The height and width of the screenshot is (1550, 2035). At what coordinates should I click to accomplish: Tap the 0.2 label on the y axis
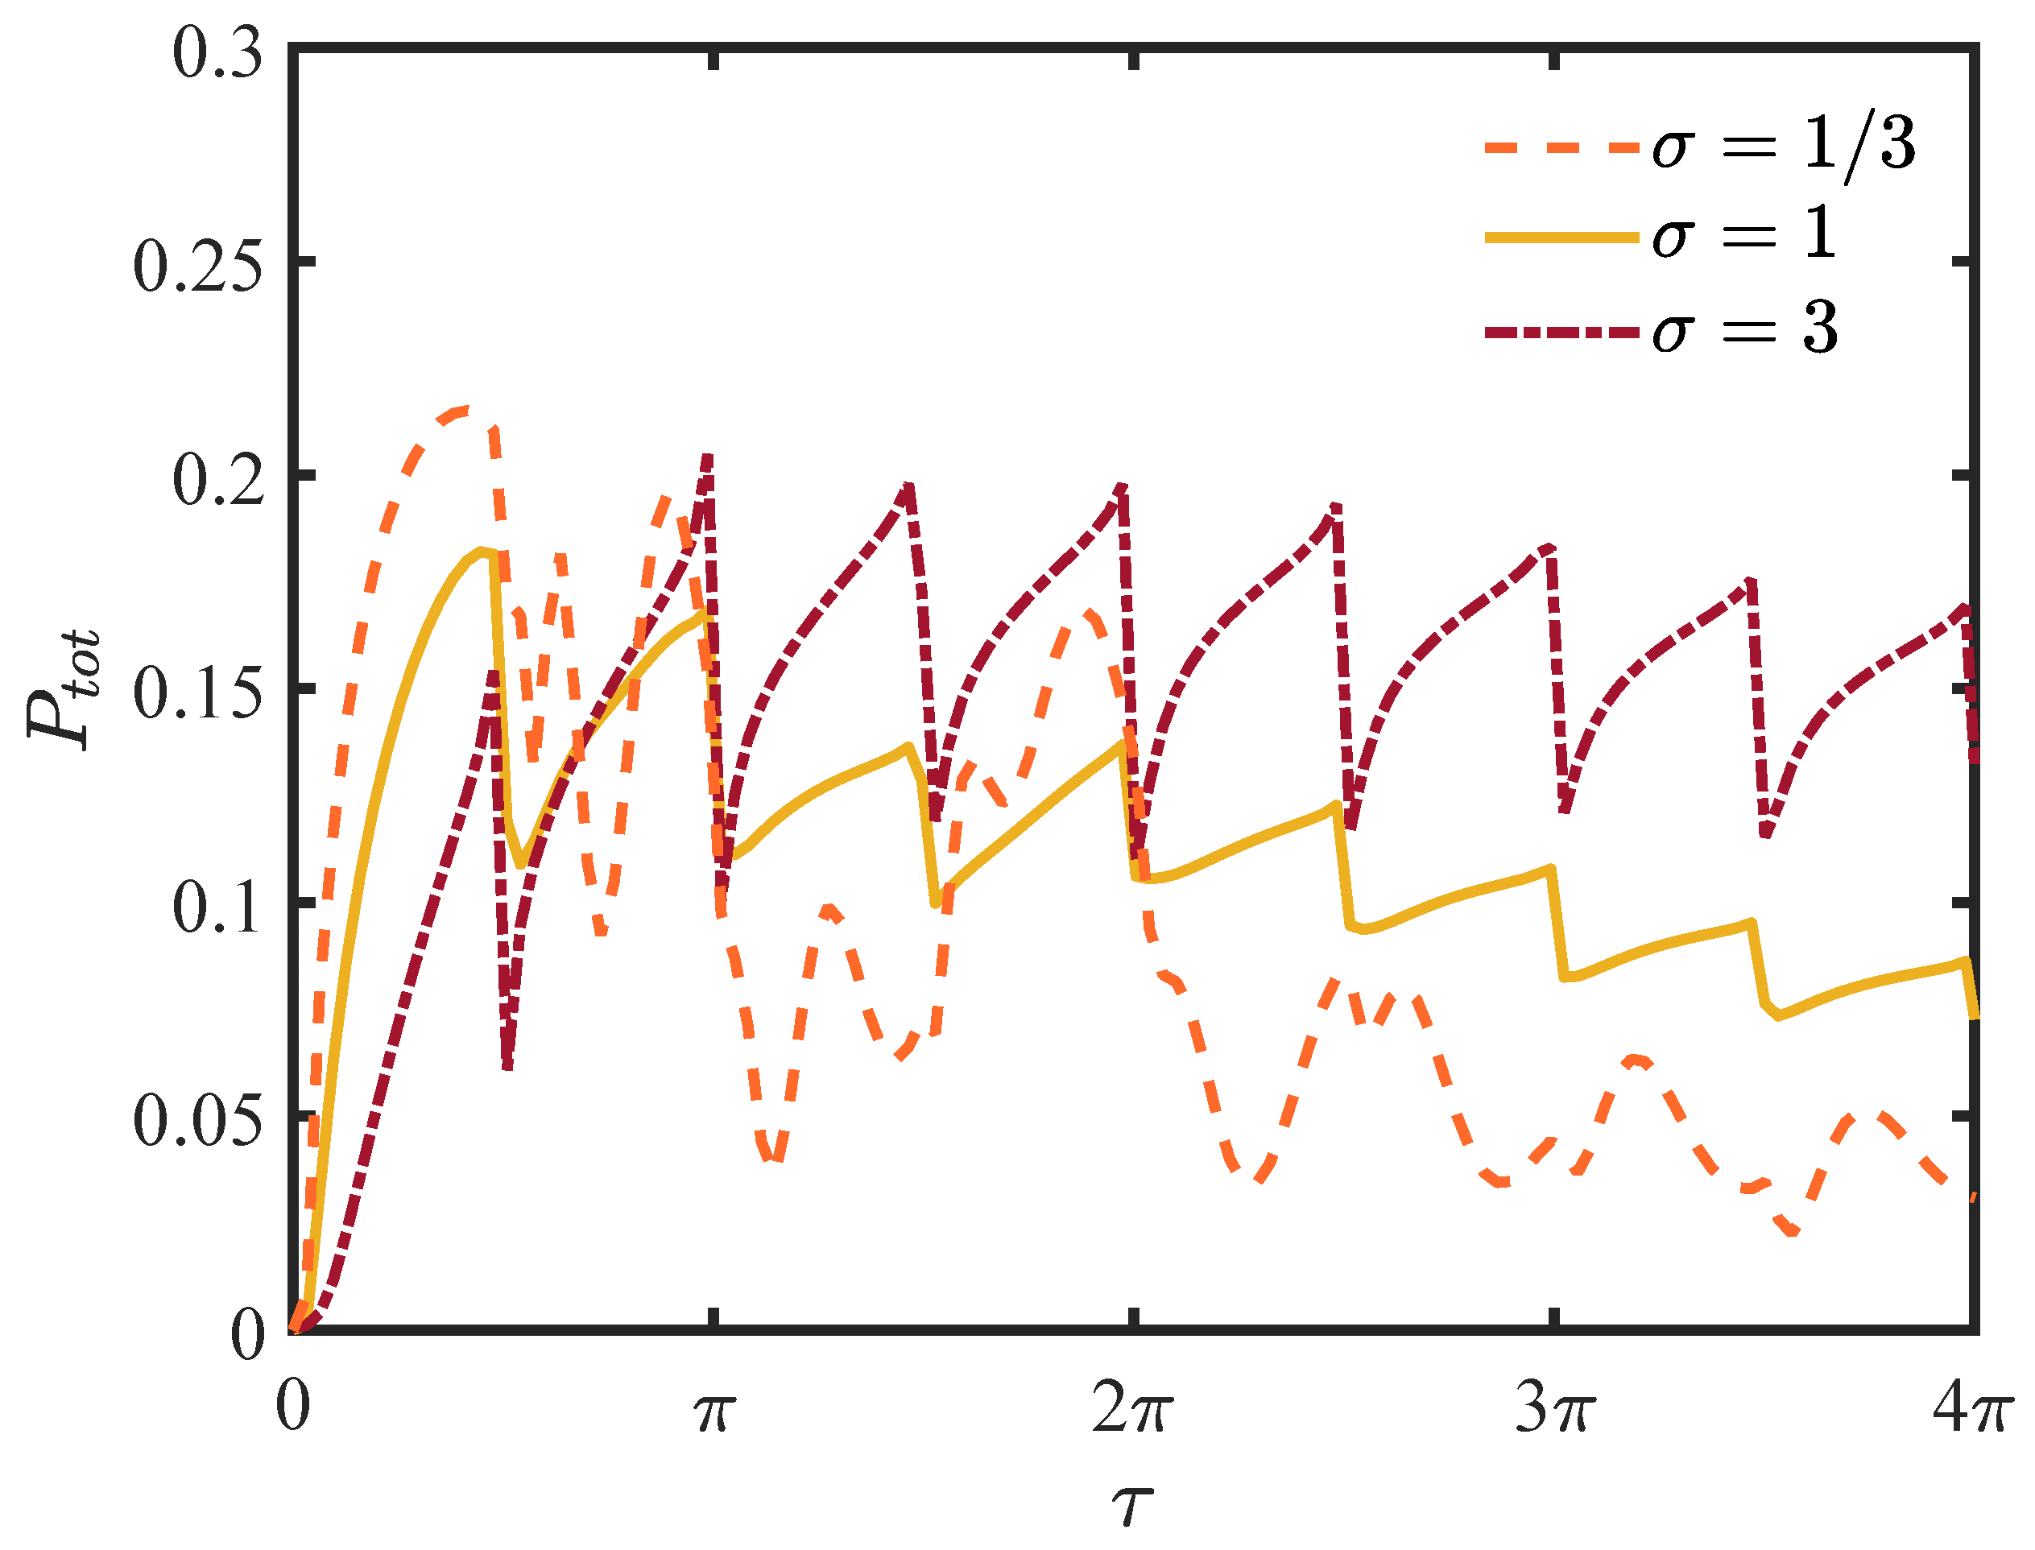click(217, 481)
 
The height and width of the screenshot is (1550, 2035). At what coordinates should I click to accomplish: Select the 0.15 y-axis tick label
click(198, 694)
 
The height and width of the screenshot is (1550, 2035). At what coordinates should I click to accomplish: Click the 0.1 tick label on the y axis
click(217, 908)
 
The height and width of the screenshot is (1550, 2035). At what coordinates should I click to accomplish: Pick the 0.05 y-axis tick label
click(198, 1121)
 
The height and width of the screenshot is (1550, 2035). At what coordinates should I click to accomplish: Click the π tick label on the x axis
click(712, 1411)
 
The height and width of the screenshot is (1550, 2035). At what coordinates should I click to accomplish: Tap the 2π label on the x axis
click(1132, 1411)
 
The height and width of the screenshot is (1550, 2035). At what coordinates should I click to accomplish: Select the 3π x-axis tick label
click(1554, 1411)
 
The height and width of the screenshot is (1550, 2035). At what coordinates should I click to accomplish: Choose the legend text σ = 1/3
click(1783, 146)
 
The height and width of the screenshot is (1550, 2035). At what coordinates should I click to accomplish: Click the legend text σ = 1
click(1743, 236)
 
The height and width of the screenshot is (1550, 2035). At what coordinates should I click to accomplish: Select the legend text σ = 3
click(1744, 329)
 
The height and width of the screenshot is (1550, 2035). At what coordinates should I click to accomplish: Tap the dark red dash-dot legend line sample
click(1561, 331)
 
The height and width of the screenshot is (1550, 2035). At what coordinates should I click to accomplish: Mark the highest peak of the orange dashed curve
click(465, 409)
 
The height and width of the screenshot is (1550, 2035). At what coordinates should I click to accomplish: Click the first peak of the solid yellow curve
click(482, 551)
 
